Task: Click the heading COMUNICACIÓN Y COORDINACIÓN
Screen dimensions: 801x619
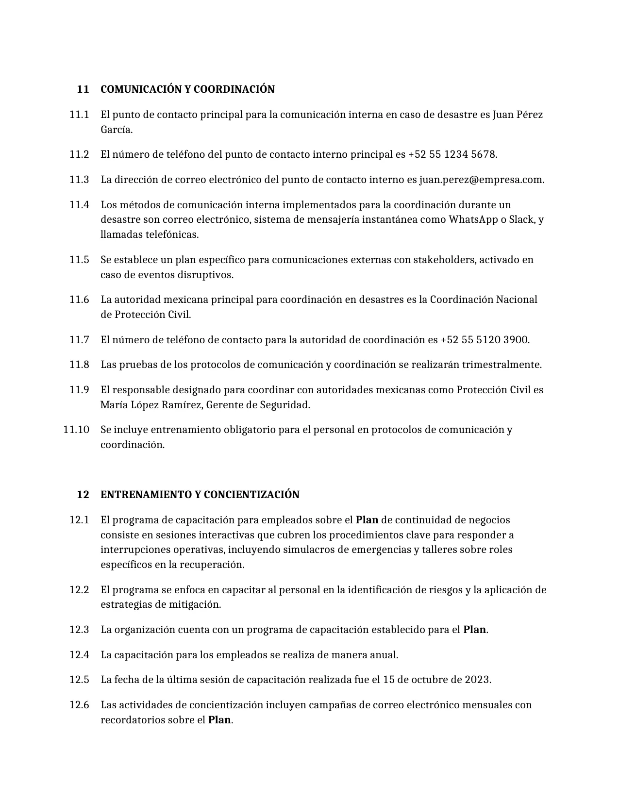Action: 187,89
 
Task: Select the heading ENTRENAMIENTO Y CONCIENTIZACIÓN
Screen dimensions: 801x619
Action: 200,495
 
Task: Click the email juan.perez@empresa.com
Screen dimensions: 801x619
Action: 481,180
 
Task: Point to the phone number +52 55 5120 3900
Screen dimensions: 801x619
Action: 484,340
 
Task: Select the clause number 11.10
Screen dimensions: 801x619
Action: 76,430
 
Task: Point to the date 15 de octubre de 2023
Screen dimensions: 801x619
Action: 436,680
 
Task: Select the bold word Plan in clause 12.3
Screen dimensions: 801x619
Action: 474,630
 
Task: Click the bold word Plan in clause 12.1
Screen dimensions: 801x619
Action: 367,520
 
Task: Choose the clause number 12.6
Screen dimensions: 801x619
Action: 79,705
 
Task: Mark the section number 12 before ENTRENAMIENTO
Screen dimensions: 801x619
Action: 83,495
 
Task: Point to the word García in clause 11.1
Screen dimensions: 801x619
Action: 116,130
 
